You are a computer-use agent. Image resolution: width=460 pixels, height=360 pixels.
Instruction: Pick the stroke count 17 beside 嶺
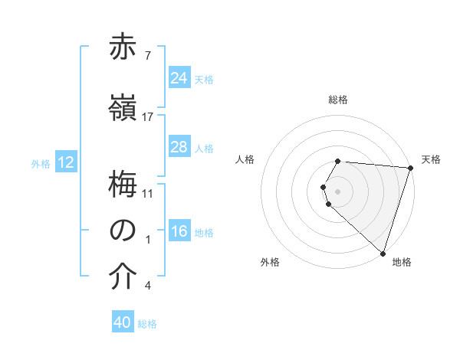pyautogui.click(x=148, y=117)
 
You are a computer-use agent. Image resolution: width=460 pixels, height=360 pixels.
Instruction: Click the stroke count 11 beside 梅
pyautogui.click(x=148, y=192)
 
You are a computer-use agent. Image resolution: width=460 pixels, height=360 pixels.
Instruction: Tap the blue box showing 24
pyautogui.click(x=179, y=78)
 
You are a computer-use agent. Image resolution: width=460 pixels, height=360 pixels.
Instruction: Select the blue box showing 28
pyautogui.click(x=179, y=147)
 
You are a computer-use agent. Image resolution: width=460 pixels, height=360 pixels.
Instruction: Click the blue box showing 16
pyautogui.click(x=179, y=231)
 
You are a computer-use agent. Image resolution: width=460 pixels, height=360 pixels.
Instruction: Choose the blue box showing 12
pyautogui.click(x=65, y=162)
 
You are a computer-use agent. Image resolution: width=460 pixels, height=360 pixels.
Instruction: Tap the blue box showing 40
pyautogui.click(x=123, y=323)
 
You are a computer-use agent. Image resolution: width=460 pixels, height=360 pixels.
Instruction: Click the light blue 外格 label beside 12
pyautogui.click(x=41, y=163)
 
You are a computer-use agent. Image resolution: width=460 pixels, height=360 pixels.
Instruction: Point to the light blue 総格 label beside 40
pyautogui.click(x=147, y=324)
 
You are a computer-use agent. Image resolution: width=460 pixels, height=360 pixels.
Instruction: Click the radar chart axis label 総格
pyautogui.click(x=338, y=100)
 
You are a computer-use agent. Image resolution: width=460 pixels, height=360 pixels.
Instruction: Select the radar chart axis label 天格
pyautogui.click(x=431, y=159)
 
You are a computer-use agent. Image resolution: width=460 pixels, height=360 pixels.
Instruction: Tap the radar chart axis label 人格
pyautogui.click(x=245, y=159)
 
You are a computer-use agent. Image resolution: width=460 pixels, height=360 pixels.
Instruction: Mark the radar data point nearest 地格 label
pyautogui.click(x=383, y=253)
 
